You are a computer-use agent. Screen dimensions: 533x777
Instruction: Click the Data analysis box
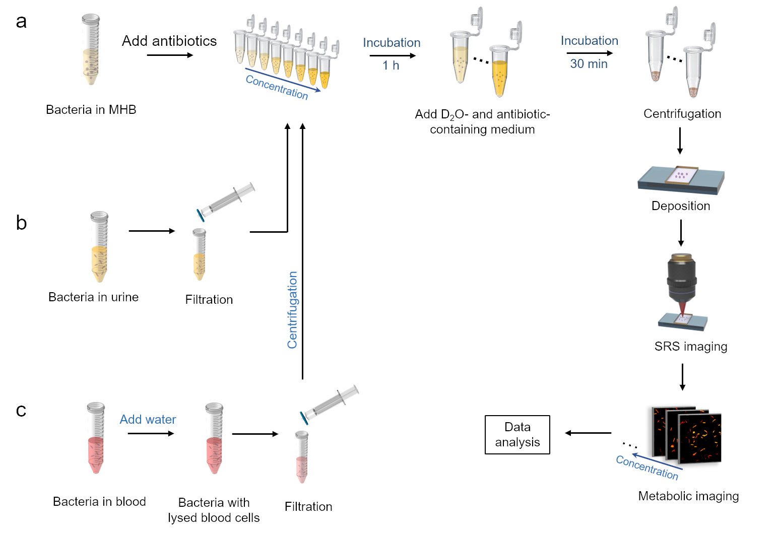coord(517,435)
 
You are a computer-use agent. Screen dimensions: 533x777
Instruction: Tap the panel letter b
coord(21,223)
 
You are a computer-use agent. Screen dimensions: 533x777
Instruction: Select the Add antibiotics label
coord(169,41)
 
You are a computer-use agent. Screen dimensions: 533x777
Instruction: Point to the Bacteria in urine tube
coord(99,247)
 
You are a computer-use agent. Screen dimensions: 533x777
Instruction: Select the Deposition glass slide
coord(681,179)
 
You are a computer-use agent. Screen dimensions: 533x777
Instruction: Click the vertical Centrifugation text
coord(292,310)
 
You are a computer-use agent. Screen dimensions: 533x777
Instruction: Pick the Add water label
coord(148,420)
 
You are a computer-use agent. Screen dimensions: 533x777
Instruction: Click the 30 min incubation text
coord(589,64)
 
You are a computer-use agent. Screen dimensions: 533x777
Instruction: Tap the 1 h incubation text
coord(391,65)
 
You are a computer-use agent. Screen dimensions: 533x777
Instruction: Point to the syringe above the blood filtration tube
coord(330,403)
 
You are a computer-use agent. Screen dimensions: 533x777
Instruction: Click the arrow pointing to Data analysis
coord(588,433)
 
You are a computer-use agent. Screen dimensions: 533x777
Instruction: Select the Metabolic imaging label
coord(688,496)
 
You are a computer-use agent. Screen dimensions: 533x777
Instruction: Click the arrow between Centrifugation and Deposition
coord(680,141)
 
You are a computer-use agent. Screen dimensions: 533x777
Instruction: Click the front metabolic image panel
coord(700,438)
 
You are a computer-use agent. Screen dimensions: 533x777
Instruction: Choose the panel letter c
coord(21,411)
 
